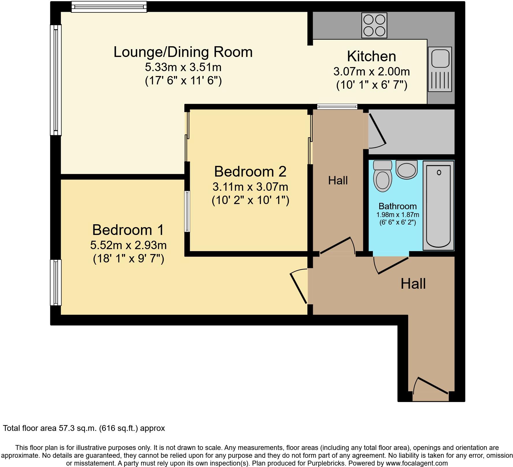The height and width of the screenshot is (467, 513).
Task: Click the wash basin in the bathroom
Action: (x=406, y=170)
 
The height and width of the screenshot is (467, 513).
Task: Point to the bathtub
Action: (x=438, y=205)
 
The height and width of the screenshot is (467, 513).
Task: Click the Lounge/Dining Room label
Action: (x=183, y=52)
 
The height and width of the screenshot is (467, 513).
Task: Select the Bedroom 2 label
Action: (x=250, y=172)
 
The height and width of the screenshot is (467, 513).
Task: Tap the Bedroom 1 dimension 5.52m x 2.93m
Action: (x=128, y=245)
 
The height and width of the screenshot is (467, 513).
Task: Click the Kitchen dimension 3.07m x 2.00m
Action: (x=371, y=71)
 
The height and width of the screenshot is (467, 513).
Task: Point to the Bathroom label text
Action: (x=397, y=206)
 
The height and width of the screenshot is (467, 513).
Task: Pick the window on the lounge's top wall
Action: (x=109, y=7)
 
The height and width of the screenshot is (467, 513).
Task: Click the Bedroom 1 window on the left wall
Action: (x=56, y=282)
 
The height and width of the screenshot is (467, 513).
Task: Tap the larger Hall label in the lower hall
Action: (x=413, y=284)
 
